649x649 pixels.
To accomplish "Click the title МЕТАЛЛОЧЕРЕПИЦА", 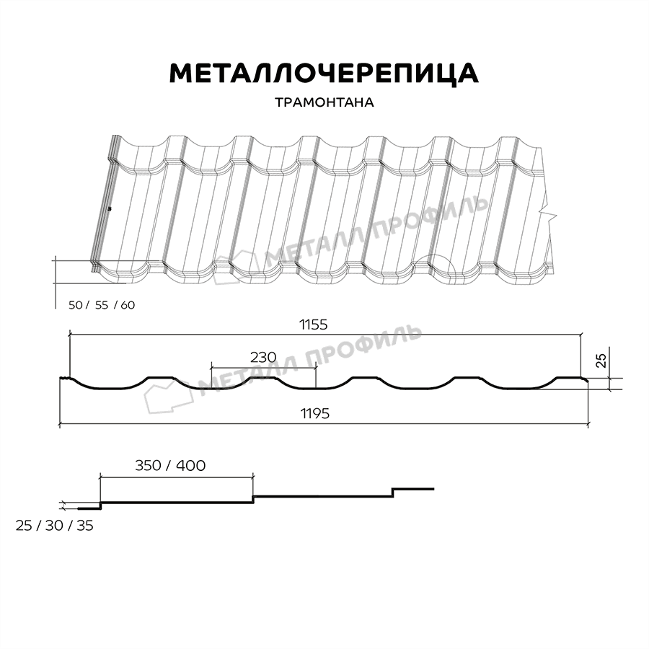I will (323, 73).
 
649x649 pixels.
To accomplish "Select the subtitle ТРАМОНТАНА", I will (324, 102).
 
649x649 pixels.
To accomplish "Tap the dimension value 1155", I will (314, 324).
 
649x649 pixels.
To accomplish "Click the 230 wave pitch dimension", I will (263, 357).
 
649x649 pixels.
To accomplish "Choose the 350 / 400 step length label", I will (170, 465).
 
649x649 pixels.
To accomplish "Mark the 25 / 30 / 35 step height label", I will (54, 526).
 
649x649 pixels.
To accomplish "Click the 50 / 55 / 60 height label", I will (101, 305).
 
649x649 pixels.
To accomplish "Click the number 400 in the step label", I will (190, 465).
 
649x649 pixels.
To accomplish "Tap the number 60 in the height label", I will (127, 305).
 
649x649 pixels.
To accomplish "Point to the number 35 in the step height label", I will (84, 526).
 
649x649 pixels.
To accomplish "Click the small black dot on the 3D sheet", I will (109, 209).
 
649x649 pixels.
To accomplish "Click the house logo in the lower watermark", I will (165, 395).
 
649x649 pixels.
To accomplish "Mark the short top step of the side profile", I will (413, 489).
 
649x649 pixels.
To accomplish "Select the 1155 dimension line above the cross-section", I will (324, 335).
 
